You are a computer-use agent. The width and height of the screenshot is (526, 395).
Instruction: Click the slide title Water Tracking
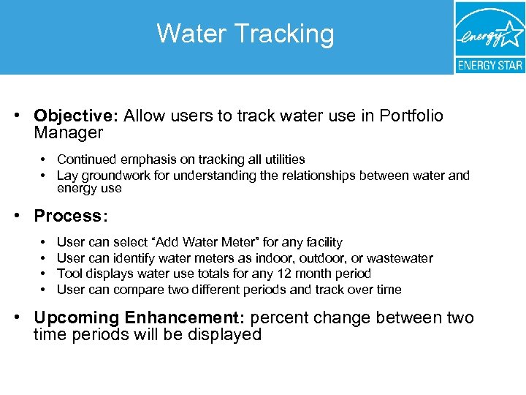[245, 34]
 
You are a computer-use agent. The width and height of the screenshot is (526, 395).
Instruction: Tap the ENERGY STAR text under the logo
[489, 65]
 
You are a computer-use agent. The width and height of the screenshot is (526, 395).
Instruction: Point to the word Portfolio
[411, 116]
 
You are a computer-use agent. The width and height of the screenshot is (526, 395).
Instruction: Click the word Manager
[69, 133]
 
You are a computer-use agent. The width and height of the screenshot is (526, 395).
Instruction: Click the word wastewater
[400, 258]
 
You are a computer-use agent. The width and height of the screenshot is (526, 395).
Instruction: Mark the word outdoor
[310, 258]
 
